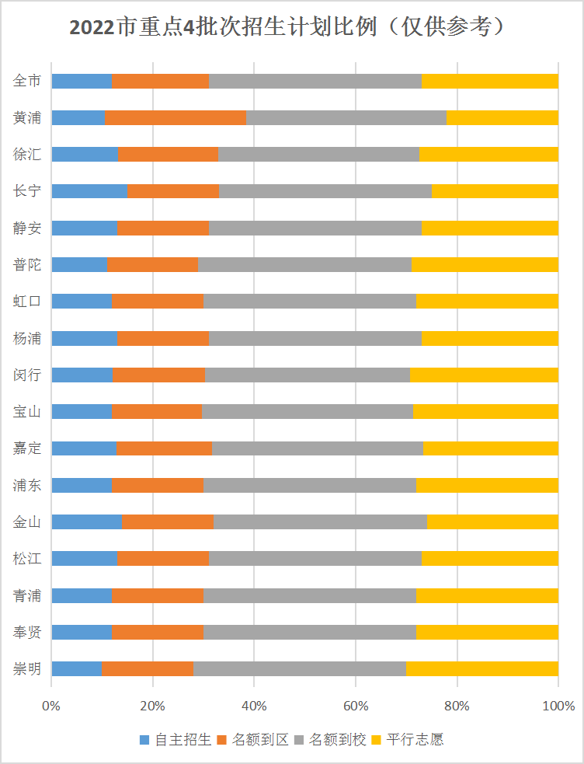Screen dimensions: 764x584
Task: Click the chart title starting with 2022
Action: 287,27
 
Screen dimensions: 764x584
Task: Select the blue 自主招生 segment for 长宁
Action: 89,191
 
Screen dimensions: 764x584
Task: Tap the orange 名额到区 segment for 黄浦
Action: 176,117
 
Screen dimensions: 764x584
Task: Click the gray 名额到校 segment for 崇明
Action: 299,668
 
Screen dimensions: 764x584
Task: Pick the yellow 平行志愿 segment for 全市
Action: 490,81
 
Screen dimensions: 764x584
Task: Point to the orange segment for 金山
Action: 168,522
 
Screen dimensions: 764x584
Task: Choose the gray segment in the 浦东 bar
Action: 309,485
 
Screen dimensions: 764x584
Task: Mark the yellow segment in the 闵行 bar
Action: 484,375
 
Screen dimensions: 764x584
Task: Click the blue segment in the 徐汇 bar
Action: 85,154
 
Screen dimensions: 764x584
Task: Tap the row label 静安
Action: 27,228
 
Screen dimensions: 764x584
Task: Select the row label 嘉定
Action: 27,448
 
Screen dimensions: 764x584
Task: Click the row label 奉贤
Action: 27,632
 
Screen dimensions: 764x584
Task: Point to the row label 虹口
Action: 27,302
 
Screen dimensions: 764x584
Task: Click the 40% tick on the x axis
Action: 254,706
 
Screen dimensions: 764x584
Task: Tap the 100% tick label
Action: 558,706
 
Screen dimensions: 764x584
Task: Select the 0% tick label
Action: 51,706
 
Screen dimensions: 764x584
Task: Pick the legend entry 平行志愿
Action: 415,739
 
